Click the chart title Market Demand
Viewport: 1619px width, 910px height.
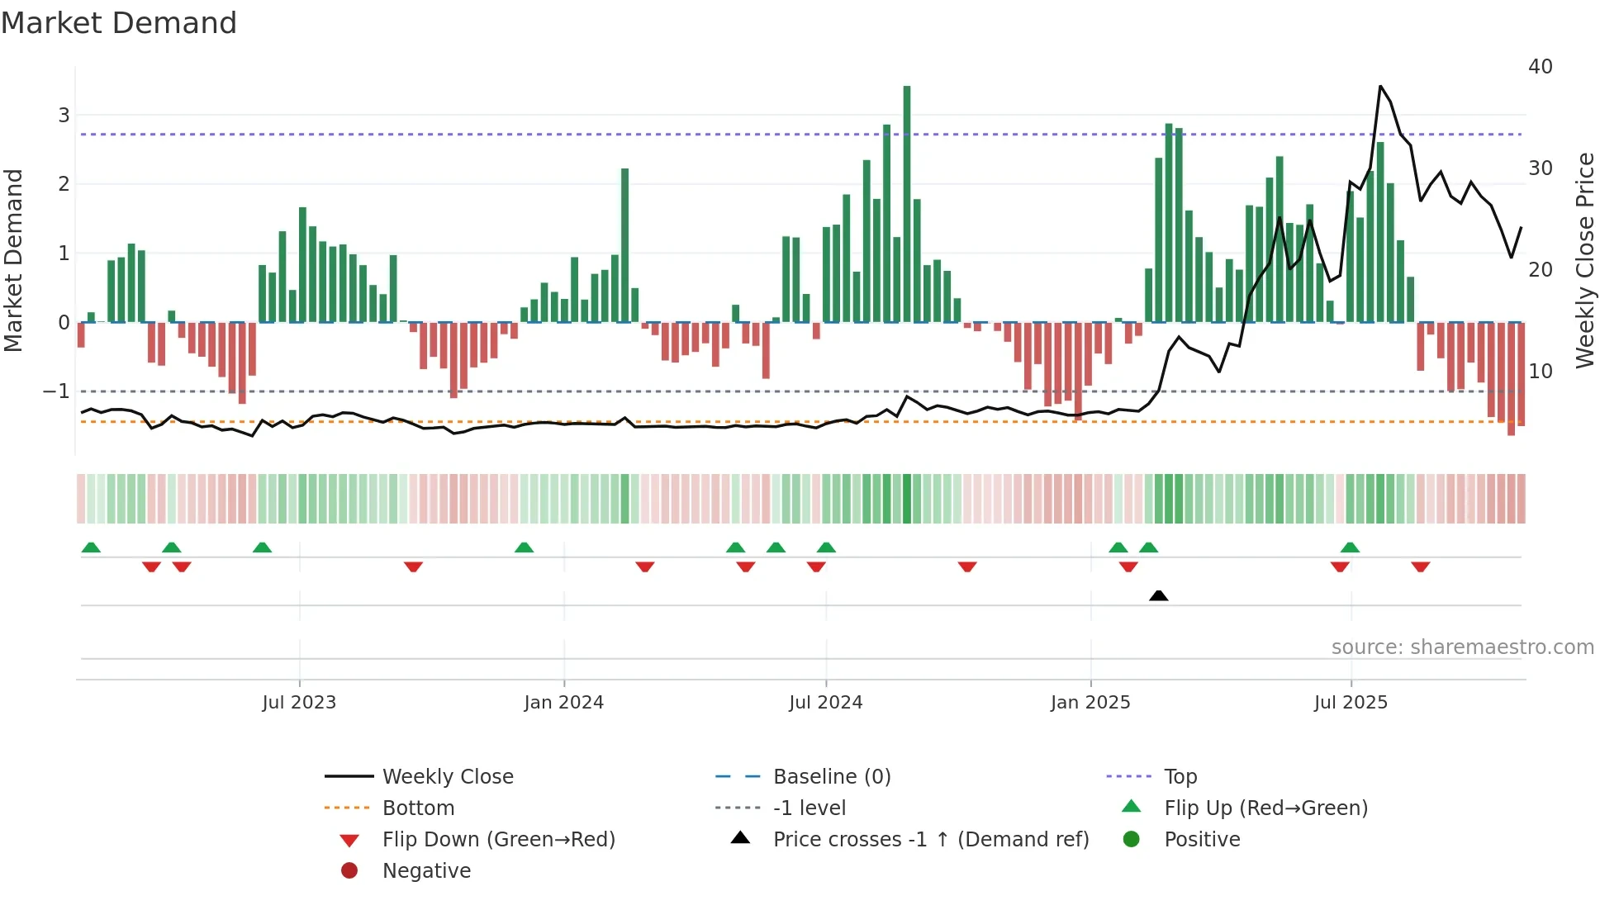point(119,23)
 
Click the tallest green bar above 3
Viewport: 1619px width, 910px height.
point(907,202)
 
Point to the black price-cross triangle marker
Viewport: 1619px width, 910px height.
point(1159,595)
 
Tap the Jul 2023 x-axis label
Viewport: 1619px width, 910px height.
point(299,702)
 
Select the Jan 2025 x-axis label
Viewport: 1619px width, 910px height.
point(1090,702)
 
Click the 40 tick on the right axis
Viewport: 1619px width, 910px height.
point(1540,66)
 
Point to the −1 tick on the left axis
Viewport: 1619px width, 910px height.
point(56,391)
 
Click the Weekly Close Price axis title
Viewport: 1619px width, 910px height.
point(1584,260)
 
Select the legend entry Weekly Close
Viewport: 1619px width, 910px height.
point(447,776)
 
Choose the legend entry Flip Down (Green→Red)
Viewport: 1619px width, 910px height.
point(498,839)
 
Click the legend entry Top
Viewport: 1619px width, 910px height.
point(1180,776)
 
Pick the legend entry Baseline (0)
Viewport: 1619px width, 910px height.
point(831,776)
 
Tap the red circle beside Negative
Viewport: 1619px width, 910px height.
point(349,870)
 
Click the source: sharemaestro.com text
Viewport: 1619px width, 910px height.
point(1462,647)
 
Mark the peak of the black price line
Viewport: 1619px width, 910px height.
point(1380,86)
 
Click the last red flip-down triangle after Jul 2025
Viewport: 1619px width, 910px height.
point(1421,566)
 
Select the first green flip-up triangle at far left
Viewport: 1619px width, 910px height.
point(91,547)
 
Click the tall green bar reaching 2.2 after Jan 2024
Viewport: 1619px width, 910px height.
point(625,245)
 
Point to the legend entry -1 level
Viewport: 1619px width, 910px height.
point(809,808)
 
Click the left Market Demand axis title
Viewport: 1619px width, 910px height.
point(14,260)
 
